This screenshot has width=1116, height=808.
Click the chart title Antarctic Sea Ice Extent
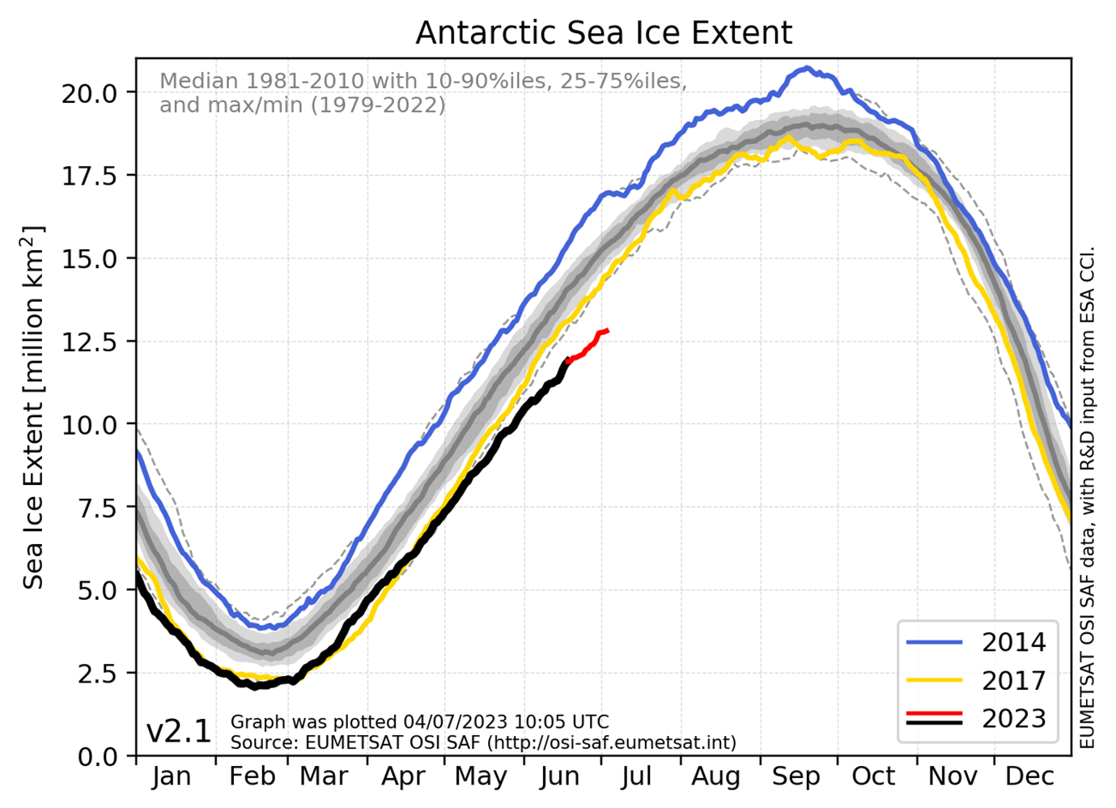tap(604, 33)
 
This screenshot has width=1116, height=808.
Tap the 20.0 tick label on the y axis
tap(89, 93)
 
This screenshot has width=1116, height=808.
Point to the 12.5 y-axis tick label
tap(89, 342)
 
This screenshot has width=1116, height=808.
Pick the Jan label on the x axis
tap(172, 776)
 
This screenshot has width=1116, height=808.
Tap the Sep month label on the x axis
tap(796, 776)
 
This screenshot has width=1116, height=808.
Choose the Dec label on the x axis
tap(1029, 776)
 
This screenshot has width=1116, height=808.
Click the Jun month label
tap(559, 776)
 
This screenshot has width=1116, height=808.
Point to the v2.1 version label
tap(179, 732)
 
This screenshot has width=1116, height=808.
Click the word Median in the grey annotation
tap(199, 82)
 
